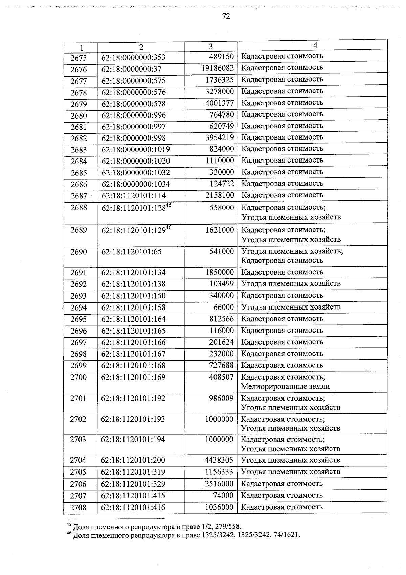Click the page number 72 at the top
point(226,16)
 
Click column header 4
point(315,45)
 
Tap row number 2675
point(78,58)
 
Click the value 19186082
point(218,68)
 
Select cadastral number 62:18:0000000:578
point(134,104)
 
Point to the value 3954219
point(220,137)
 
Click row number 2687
point(79,196)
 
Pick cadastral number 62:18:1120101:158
point(133,307)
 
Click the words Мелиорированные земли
point(285,386)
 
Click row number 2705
point(78,472)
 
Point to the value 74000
point(223,495)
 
